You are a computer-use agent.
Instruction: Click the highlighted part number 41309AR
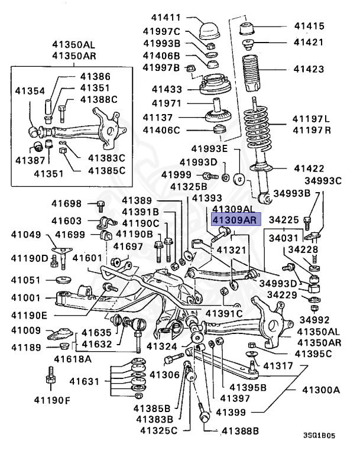(233, 220)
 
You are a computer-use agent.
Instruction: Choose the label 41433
(167, 89)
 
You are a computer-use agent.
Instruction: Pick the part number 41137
(167, 116)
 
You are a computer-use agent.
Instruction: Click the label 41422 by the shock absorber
(309, 169)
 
